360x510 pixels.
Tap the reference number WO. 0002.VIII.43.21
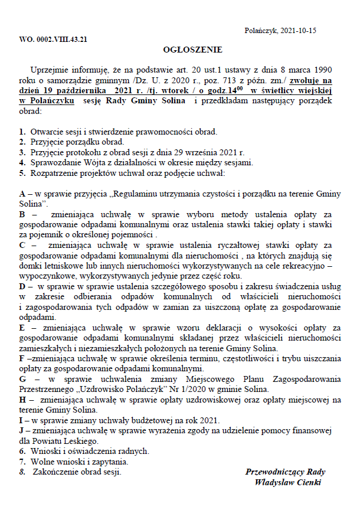[54, 40]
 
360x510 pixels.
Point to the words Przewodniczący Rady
[286, 472]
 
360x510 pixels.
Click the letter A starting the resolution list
[22, 194]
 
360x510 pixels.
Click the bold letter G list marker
[22, 379]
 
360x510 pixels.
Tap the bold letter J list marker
[21, 430]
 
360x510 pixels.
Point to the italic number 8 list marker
[22, 472]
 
